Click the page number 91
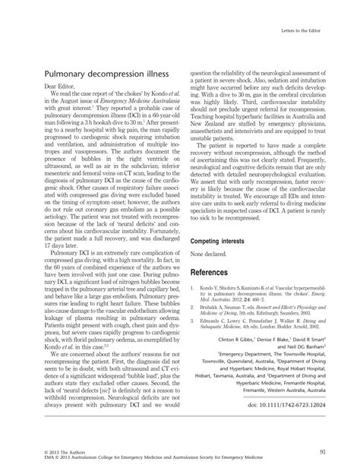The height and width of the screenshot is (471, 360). coord(324,451)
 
